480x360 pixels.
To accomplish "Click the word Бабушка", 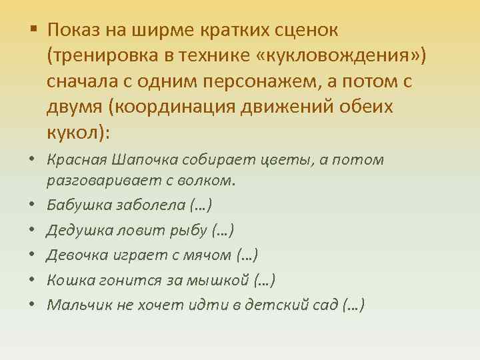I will pyautogui.click(x=76, y=203).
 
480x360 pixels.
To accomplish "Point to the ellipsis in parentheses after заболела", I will pyautogui.click(x=202, y=203).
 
